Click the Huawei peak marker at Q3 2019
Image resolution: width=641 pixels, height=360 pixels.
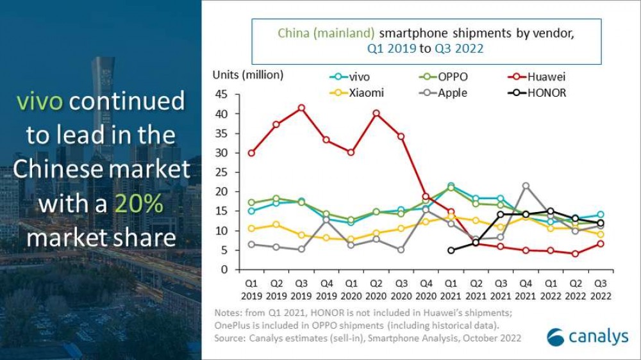[x=301, y=108]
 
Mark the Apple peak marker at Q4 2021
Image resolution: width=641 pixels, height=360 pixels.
[x=526, y=186]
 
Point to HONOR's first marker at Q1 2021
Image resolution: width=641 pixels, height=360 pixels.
[x=451, y=250]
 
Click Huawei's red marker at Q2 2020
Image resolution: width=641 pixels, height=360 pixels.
[x=376, y=113]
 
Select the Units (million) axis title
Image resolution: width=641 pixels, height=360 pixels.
[x=247, y=75]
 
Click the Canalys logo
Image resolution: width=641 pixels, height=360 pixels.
[x=587, y=337]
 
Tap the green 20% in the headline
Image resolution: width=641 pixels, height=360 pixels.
[x=137, y=204]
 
